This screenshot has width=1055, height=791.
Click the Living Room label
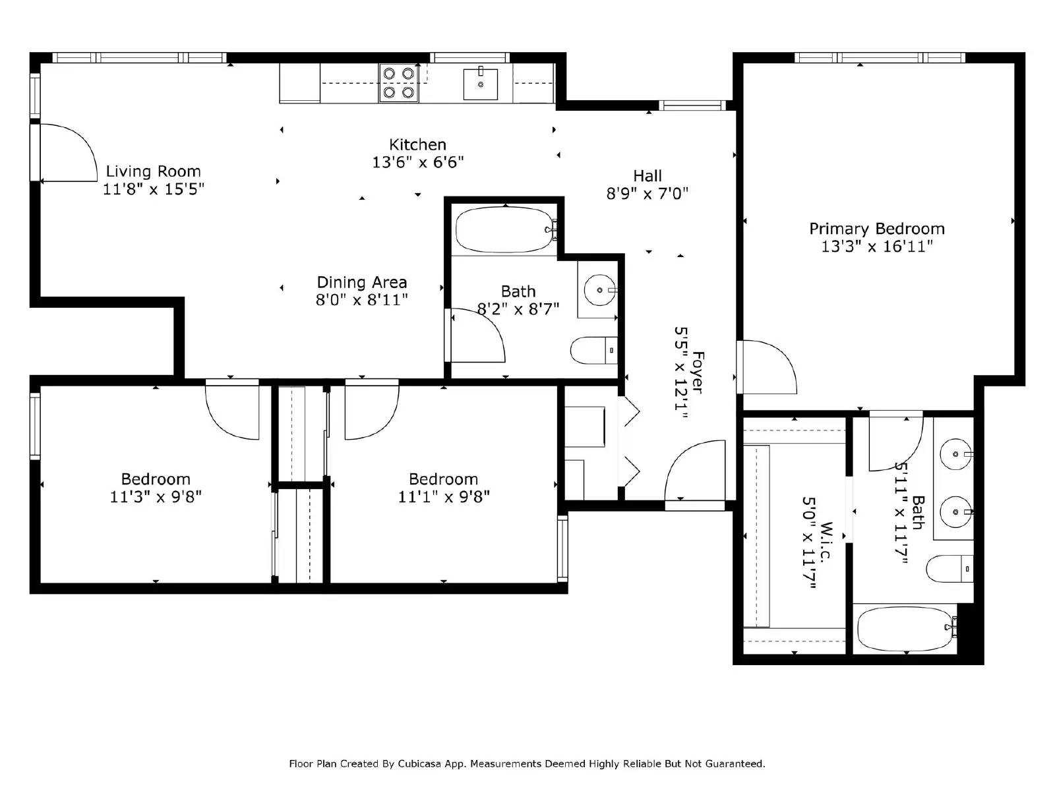(153, 171)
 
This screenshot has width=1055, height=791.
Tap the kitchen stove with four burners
(399, 83)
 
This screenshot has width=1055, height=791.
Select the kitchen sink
(481, 83)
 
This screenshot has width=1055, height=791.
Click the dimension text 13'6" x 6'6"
(418, 162)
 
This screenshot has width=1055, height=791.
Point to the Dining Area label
(362, 282)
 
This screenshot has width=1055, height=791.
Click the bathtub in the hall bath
(505, 230)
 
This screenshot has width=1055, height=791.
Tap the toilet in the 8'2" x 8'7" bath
(593, 351)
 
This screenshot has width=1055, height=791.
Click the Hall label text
(648, 176)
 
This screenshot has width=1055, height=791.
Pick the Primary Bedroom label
(877, 229)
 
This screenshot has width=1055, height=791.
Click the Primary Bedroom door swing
(768, 366)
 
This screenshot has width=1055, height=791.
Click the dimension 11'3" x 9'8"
(156, 497)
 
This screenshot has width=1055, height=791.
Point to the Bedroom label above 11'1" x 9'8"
(443, 479)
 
